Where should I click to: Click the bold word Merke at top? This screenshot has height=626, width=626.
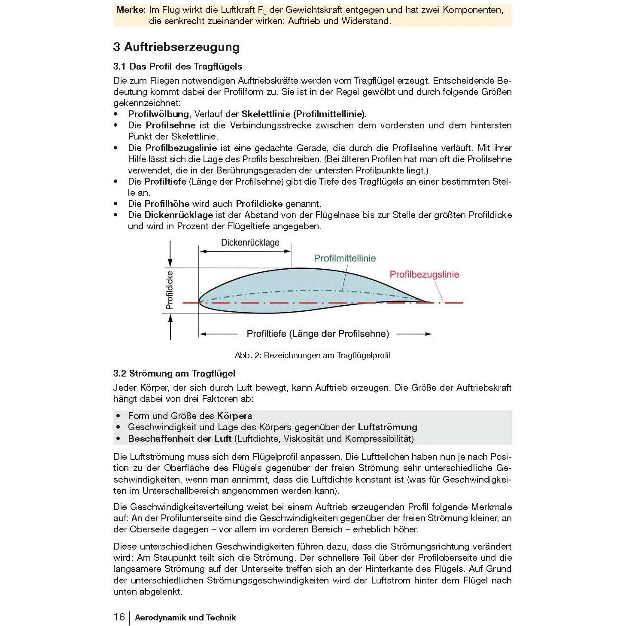click(131, 10)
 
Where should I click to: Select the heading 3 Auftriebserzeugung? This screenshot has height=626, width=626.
click(176, 47)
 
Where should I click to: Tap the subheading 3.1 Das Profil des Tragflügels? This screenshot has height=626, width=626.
click(177, 66)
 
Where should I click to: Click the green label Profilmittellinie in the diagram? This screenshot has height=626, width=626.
click(344, 258)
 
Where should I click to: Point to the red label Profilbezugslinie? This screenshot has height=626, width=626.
click(424, 274)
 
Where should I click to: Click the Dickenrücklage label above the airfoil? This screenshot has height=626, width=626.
click(250, 243)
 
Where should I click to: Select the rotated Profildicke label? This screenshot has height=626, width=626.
click(170, 290)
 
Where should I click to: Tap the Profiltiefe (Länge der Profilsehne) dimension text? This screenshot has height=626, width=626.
click(318, 334)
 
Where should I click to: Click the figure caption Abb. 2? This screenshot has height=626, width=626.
click(312, 356)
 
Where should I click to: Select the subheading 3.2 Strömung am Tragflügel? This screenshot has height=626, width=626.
click(174, 373)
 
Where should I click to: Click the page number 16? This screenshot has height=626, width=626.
click(119, 617)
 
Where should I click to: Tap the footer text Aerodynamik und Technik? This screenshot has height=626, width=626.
click(185, 617)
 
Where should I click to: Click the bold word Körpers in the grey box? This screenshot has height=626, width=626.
click(234, 416)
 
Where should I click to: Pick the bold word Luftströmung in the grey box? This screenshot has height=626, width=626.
click(387, 427)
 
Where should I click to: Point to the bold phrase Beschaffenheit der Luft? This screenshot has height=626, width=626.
click(179, 438)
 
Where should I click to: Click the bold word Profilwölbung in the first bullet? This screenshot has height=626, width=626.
click(158, 114)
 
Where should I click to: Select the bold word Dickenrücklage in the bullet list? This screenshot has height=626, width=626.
click(178, 215)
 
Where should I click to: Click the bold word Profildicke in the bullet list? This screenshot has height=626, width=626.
click(259, 204)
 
